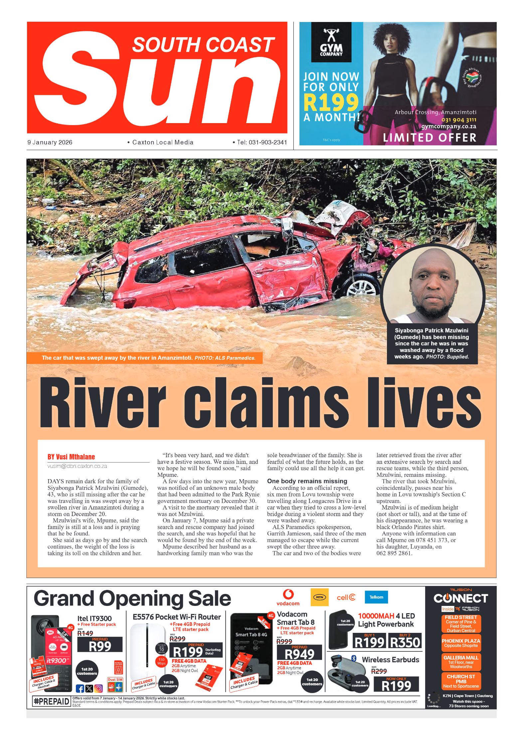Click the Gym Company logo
[331, 42]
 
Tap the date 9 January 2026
[50, 142]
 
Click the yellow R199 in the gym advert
[331, 102]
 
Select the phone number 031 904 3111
[458, 120]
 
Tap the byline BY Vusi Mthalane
[71, 457]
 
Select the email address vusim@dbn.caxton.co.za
[77, 466]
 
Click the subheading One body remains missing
[307, 481]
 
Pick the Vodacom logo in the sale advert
[288, 598]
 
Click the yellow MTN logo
[319, 597]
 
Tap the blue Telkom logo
[376, 597]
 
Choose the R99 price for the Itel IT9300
[100, 646]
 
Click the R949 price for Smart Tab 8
[299, 654]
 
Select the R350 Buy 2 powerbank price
[405, 642]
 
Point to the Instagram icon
[98, 688]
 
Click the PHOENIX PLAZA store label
[461, 643]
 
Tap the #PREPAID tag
[52, 701]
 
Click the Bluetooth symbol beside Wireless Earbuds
[354, 658]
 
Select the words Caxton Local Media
[162, 142]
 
